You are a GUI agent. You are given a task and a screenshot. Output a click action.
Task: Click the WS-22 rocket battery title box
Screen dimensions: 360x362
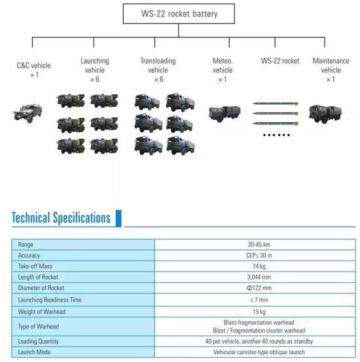coord(179,14)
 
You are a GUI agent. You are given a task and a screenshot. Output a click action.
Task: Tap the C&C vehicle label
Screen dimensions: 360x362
coord(34,65)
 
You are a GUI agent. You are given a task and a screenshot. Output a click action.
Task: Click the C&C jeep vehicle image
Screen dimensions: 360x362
coord(27,113)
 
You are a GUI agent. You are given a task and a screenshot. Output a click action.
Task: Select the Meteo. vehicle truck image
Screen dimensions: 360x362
coord(225,113)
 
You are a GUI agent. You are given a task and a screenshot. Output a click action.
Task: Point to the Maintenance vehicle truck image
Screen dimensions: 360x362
coord(325,114)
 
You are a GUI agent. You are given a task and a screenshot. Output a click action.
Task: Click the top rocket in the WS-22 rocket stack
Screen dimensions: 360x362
coord(276,103)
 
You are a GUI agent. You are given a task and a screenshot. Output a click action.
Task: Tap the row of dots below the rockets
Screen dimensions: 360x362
coord(276,135)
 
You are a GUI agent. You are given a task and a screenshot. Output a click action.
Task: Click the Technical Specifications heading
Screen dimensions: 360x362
coord(61,218)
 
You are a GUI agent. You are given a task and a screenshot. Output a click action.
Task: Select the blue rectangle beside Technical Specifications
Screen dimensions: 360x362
coord(118,218)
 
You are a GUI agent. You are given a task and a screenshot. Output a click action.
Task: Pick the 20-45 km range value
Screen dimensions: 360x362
coord(259,244)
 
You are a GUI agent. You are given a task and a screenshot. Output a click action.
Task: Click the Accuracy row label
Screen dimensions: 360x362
coord(29,255)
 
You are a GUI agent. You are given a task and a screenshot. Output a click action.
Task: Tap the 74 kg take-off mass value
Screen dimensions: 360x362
coord(259,266)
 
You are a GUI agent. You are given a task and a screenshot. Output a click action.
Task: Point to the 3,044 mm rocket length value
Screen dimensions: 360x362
coord(259,277)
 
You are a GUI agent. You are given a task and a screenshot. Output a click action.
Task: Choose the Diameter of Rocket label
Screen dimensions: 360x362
coord(41,288)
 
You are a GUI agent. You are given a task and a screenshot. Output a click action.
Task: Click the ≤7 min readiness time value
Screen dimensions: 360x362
coord(259,300)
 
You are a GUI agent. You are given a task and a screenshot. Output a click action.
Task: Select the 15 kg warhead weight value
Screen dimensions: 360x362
coord(259,312)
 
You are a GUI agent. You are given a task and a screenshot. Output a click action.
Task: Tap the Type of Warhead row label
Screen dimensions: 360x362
coord(39,327)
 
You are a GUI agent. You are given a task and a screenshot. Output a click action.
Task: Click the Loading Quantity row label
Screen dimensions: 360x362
coord(39,341)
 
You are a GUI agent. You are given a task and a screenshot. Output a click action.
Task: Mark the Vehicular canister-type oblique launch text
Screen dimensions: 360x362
coord(259,352)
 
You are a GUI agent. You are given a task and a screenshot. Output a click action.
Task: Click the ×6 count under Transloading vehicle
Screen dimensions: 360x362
coord(159,79)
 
